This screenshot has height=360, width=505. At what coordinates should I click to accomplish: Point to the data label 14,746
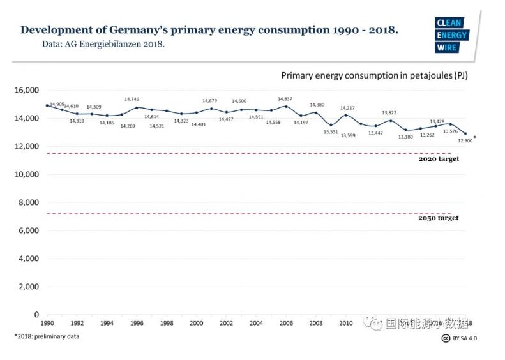click(132, 100)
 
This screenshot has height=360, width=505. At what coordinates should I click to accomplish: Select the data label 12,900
click(465, 140)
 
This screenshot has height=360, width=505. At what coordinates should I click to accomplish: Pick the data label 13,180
click(406, 137)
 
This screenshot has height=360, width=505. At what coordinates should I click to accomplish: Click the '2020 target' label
click(439, 159)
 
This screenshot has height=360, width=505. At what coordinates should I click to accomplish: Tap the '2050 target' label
click(439, 218)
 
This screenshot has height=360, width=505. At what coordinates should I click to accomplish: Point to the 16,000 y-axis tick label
click(27, 90)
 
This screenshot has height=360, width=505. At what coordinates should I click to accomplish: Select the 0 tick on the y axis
click(36, 315)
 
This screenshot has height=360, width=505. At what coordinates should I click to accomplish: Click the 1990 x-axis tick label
click(47, 324)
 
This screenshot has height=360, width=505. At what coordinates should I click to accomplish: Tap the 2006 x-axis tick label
click(286, 324)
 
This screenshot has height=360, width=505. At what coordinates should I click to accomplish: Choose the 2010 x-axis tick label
click(346, 324)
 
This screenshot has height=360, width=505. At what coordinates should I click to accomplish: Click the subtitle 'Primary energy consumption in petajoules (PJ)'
click(374, 75)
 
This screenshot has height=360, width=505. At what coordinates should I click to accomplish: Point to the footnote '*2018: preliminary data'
click(47, 336)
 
